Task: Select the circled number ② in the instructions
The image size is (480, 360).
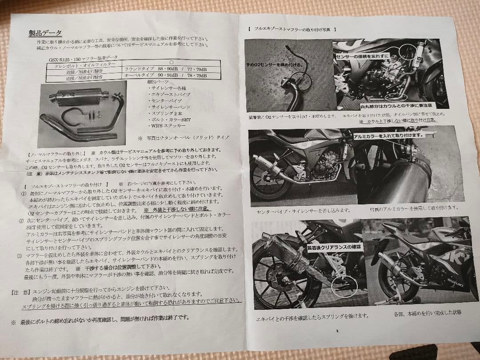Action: coord(20,221)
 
